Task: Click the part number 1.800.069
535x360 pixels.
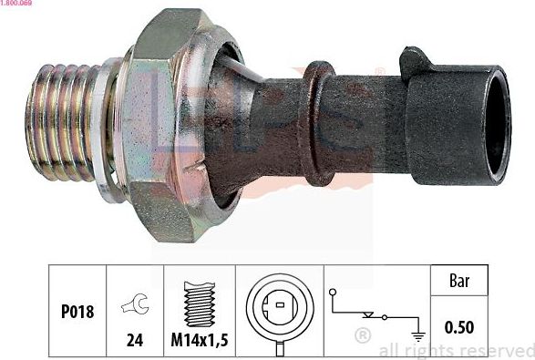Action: pos(18,5)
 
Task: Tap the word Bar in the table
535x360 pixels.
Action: pos(459,282)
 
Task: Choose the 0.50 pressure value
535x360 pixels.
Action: pos(459,325)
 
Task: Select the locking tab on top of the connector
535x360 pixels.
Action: pos(415,62)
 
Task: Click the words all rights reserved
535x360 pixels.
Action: pos(456,350)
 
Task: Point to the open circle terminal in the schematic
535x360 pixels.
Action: pos(335,293)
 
